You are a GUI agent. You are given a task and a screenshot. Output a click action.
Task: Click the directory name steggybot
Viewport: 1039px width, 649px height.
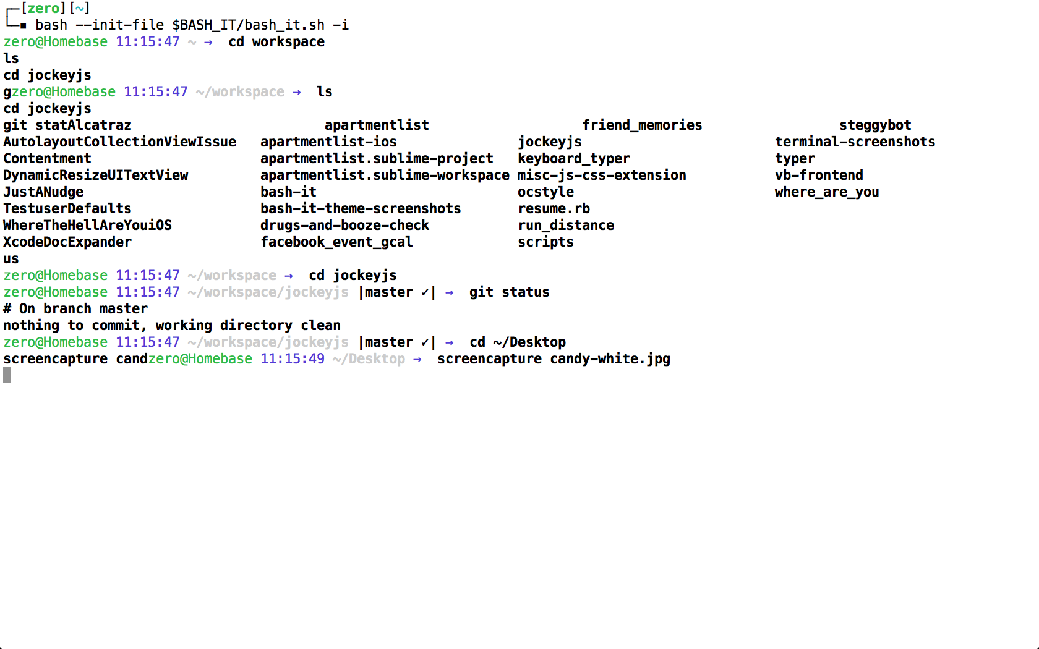pos(875,125)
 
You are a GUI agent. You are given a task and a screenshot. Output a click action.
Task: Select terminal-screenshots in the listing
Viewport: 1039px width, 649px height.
pos(855,142)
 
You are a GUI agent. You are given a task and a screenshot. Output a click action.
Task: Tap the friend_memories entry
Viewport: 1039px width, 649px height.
pos(642,125)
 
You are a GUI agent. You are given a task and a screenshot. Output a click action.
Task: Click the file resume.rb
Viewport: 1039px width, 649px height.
pos(554,209)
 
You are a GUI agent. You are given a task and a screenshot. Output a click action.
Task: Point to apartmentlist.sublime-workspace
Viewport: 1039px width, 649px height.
pos(385,176)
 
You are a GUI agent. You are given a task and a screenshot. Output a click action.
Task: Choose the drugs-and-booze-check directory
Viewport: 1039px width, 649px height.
pos(344,226)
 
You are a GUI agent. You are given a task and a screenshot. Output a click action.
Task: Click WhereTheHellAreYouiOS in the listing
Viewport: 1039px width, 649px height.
pos(87,226)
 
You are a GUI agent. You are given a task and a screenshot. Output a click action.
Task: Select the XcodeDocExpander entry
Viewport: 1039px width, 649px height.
pos(67,242)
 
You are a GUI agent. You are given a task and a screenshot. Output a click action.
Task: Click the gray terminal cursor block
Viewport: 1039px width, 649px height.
pos(7,375)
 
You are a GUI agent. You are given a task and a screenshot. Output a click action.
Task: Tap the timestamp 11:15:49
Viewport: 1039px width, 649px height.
pos(292,359)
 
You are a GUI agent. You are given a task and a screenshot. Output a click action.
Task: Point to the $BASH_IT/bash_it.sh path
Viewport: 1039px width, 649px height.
pos(248,25)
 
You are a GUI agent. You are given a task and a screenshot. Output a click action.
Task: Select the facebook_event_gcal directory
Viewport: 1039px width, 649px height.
pos(336,242)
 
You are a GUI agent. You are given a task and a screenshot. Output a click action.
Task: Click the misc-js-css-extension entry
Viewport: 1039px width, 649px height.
pos(602,176)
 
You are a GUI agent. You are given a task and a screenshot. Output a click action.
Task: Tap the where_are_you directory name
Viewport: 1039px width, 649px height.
pos(826,192)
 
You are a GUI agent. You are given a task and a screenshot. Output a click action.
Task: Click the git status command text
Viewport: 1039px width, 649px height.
pos(509,292)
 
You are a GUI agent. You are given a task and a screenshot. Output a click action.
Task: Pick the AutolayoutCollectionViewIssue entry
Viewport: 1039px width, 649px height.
pos(119,142)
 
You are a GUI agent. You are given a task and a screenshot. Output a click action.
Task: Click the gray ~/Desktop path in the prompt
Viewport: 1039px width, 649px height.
pos(369,359)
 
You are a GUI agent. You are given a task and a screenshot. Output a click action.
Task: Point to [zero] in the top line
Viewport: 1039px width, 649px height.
pos(43,9)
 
